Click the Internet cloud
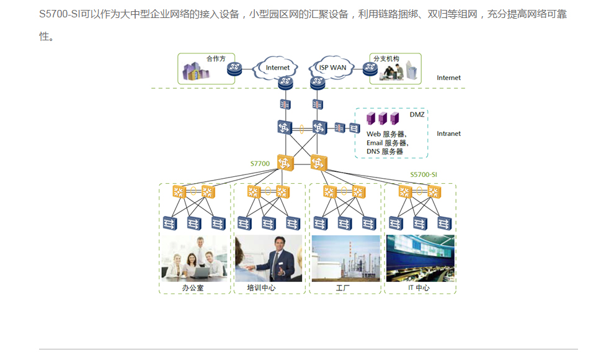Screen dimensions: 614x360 (275, 68)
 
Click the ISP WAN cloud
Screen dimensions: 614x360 (331, 68)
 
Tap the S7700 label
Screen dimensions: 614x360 (260, 163)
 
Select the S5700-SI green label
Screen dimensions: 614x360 (424, 174)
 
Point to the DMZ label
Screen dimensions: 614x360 (417, 114)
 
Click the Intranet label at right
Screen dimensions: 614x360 (449, 133)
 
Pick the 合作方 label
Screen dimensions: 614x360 (216, 59)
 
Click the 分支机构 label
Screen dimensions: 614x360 (386, 59)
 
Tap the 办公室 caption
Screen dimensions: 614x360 (193, 287)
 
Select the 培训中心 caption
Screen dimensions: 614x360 (261, 287)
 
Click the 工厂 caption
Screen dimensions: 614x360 (343, 288)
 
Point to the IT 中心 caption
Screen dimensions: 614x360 (419, 287)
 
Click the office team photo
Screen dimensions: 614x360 (194, 258)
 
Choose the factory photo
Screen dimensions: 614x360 (346, 258)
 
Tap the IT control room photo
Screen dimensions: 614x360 (420, 258)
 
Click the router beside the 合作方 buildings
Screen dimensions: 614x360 (234, 69)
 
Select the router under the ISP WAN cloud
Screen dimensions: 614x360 (318, 83)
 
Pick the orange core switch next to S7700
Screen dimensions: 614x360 (285, 163)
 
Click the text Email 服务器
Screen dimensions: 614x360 (387, 143)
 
